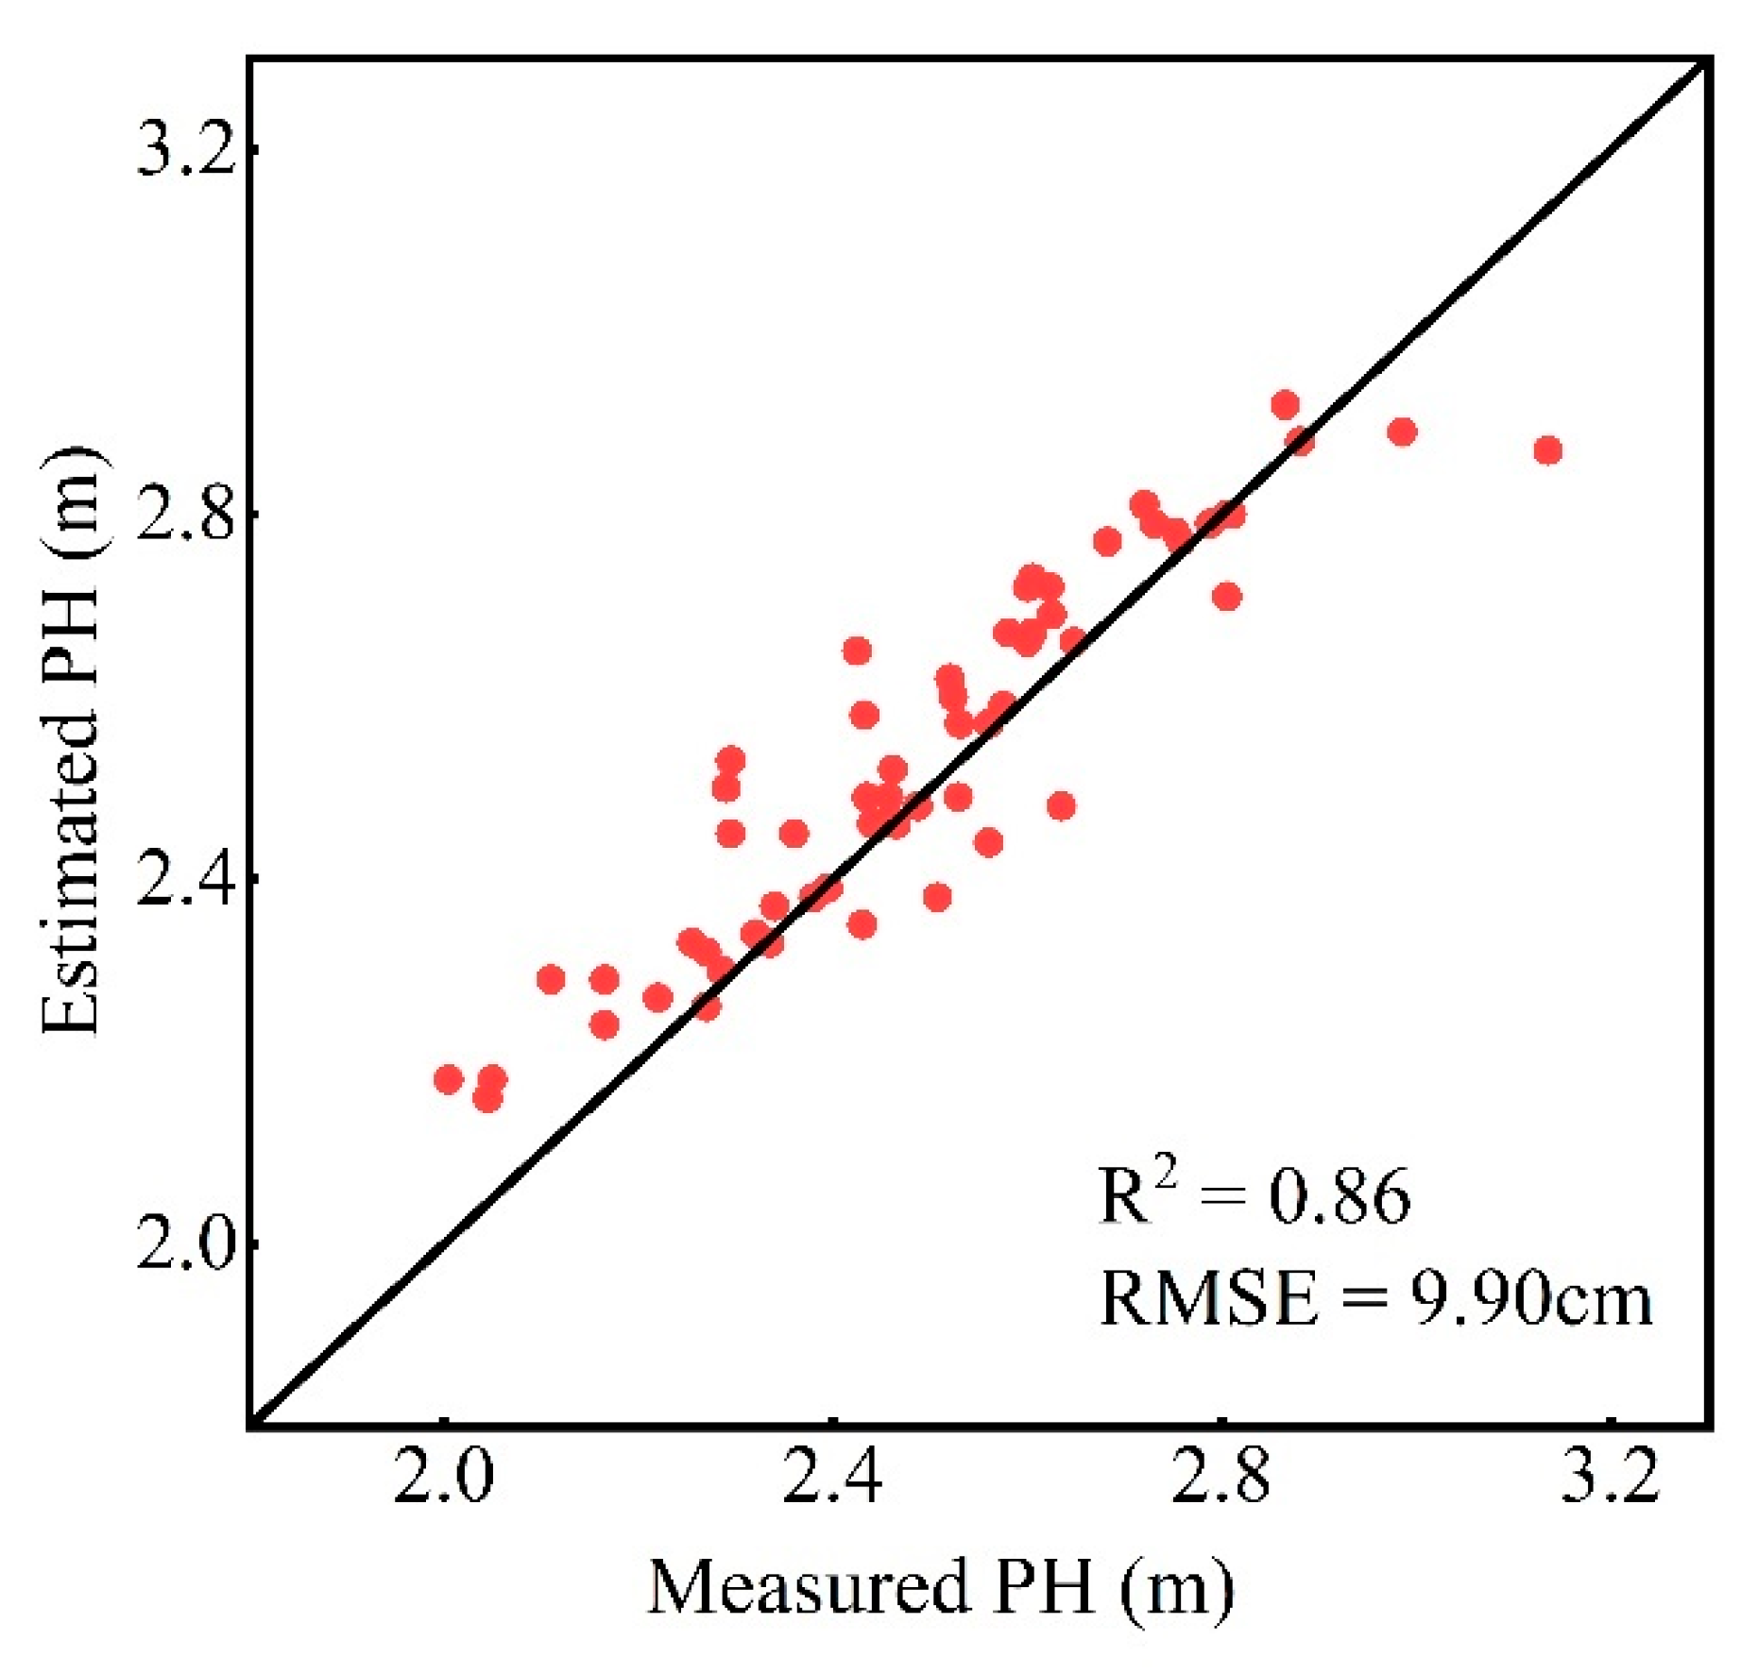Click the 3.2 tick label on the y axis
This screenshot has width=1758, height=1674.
[184, 150]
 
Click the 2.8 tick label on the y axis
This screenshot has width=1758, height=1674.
[184, 515]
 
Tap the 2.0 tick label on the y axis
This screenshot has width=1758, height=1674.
[184, 1245]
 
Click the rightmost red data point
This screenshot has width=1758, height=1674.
[1547, 450]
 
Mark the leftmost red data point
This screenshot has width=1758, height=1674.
[448, 1080]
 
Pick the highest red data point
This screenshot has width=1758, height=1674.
[1285, 405]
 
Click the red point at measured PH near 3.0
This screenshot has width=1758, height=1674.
[1403, 432]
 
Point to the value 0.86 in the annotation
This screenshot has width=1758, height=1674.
[1339, 1197]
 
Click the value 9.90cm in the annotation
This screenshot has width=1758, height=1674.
[1530, 1299]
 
